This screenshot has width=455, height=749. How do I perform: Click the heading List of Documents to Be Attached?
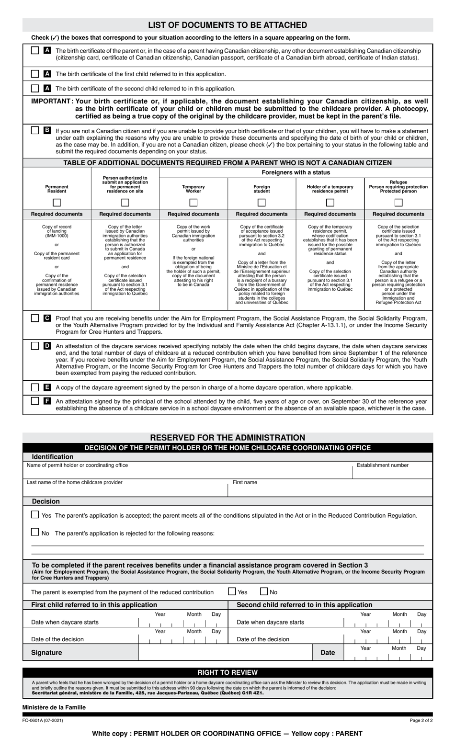(227, 25)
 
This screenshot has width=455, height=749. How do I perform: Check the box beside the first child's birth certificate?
(35, 74)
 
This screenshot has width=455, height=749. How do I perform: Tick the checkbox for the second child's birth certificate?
(35, 88)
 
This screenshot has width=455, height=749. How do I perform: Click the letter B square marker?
(47, 130)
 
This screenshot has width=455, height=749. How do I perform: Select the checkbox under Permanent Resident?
(57, 202)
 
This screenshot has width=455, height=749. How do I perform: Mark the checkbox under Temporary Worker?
(193, 202)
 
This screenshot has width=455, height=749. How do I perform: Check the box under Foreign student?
(262, 202)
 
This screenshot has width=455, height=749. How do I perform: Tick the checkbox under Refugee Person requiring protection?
(398, 202)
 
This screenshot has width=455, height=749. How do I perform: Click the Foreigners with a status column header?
(296, 172)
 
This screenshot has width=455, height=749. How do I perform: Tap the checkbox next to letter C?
(35, 318)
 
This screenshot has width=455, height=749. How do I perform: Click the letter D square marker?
(47, 345)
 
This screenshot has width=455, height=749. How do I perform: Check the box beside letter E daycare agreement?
(35, 387)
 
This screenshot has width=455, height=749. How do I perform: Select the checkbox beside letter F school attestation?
(35, 401)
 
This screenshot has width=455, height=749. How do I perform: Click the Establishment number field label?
(383, 465)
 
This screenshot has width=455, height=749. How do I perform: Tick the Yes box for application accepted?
(35, 515)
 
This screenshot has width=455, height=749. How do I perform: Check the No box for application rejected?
(35, 532)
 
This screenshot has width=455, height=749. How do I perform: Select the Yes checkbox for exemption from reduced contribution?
(232, 591)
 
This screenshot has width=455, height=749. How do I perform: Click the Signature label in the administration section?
(46, 652)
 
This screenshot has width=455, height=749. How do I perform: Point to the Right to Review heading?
(227, 672)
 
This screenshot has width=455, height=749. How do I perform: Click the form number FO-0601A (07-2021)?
(43, 720)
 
